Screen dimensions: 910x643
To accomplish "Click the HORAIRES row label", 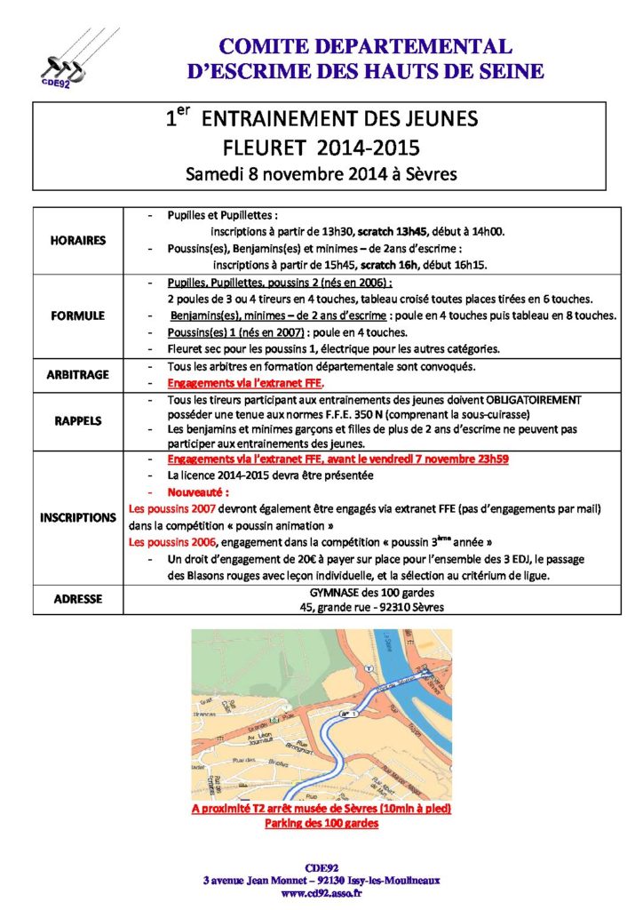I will [x=79, y=239].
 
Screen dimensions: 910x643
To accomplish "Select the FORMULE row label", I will [x=79, y=315].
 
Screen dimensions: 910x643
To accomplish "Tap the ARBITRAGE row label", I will [x=79, y=374].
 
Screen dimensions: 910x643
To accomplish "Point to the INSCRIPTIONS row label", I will [x=79, y=516].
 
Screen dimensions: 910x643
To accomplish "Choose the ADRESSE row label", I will [x=79, y=600].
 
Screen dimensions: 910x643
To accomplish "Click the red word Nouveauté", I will [x=197, y=491].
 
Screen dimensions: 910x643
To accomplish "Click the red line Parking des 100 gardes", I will [x=321, y=824].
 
